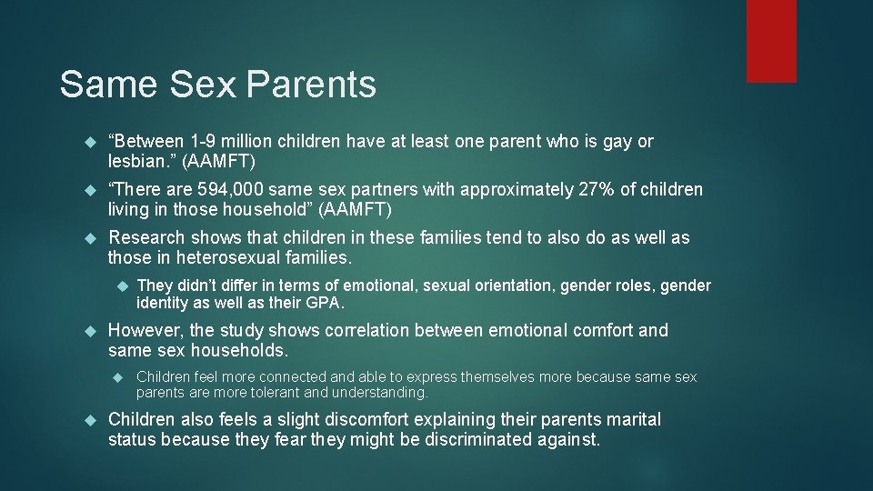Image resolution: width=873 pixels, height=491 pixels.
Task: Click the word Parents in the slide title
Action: coord(310,85)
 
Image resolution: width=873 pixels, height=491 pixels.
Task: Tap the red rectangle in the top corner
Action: coord(771,41)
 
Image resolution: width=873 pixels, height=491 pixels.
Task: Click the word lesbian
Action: coord(139,162)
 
